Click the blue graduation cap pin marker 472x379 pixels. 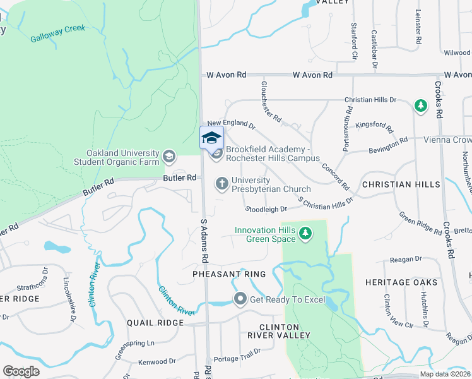click(211, 138)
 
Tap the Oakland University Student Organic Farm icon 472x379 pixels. click(168, 155)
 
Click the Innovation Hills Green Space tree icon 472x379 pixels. click(305, 234)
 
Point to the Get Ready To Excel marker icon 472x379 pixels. click(240, 299)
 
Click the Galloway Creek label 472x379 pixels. click(57, 33)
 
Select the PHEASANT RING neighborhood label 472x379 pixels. click(225, 275)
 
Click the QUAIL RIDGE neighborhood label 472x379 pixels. click(155, 322)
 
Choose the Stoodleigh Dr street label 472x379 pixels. click(266, 208)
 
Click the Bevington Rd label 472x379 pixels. click(385, 145)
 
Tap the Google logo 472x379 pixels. click(21, 371)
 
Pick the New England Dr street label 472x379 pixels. click(231, 124)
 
